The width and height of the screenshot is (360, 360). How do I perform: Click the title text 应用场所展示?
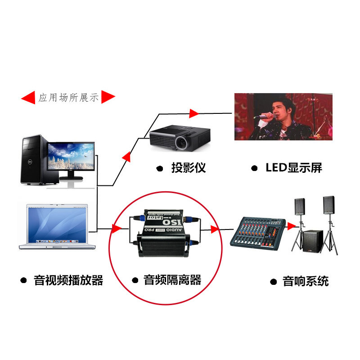click(x=68, y=97)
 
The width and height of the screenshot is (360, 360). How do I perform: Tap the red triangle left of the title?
click(x=28, y=97)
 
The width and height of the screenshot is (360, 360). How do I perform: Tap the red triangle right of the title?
click(x=108, y=97)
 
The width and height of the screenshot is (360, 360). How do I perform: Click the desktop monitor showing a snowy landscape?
click(x=71, y=157)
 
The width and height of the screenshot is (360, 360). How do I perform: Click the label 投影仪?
click(x=188, y=168)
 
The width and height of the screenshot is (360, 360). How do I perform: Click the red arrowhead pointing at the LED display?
click(x=194, y=112)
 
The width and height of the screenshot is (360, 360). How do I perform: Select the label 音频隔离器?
click(x=172, y=280)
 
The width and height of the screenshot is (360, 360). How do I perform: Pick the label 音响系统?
click(x=306, y=282)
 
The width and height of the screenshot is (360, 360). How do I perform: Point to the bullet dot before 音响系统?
click(x=273, y=282)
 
